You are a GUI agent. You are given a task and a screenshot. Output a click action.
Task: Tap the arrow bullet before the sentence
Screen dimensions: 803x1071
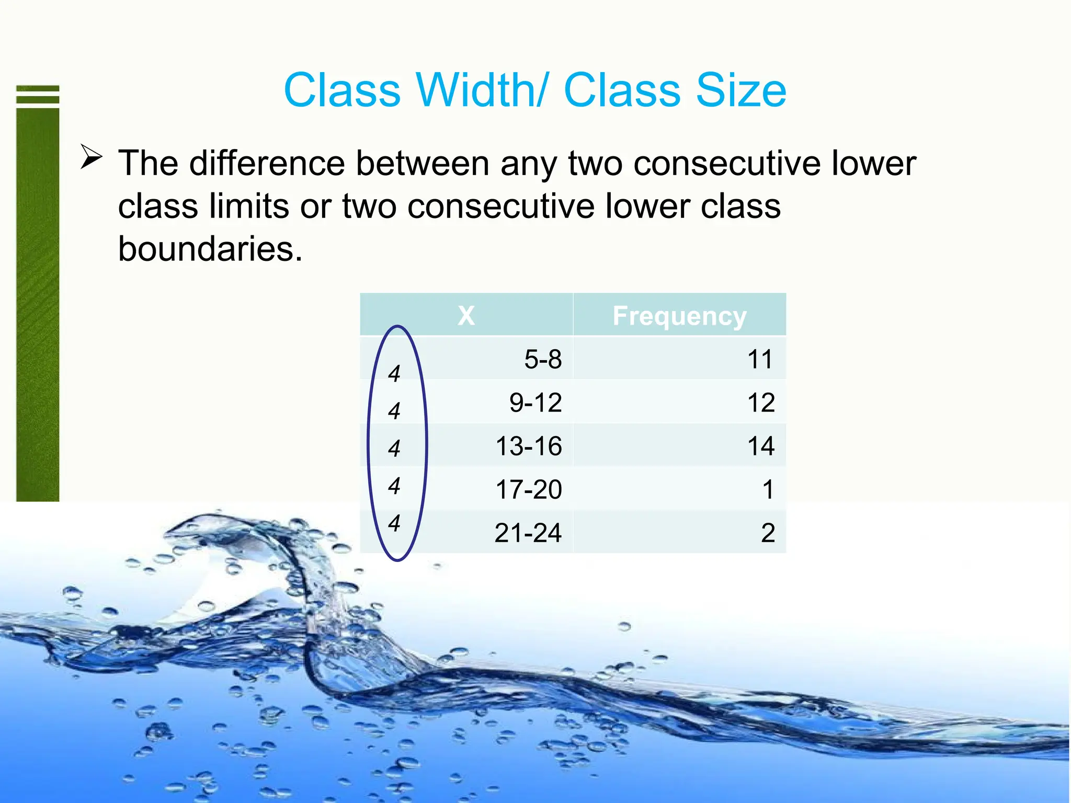[x=92, y=157]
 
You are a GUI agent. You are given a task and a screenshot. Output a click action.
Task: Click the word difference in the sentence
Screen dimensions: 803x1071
[x=267, y=163]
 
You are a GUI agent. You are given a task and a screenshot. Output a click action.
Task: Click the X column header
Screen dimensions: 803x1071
[x=466, y=315]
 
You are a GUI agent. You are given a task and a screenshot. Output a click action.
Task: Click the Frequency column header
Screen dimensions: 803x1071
[x=679, y=316]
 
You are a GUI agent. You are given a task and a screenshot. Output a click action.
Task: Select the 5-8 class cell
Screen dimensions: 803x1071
[x=543, y=360]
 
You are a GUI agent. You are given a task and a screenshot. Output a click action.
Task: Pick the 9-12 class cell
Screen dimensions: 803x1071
[x=535, y=403]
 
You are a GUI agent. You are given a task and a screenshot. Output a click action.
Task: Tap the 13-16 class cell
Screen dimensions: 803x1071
[x=528, y=446]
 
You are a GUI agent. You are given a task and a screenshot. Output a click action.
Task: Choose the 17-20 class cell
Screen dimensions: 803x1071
[x=528, y=490]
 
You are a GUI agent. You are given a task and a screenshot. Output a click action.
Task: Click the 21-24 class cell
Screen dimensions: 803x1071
[x=528, y=533]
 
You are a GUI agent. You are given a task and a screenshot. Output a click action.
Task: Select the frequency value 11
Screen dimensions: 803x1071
[x=760, y=360]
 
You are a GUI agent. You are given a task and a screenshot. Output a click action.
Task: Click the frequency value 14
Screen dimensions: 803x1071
[x=760, y=446]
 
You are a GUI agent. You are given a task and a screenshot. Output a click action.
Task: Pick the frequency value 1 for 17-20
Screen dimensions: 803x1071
[x=767, y=490]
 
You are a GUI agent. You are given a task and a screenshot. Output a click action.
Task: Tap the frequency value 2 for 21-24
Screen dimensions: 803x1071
[x=767, y=533]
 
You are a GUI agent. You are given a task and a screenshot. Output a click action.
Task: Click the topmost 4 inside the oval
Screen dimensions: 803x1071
[x=394, y=374]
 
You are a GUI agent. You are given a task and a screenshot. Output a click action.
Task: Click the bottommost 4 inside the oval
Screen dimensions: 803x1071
[x=394, y=523]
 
